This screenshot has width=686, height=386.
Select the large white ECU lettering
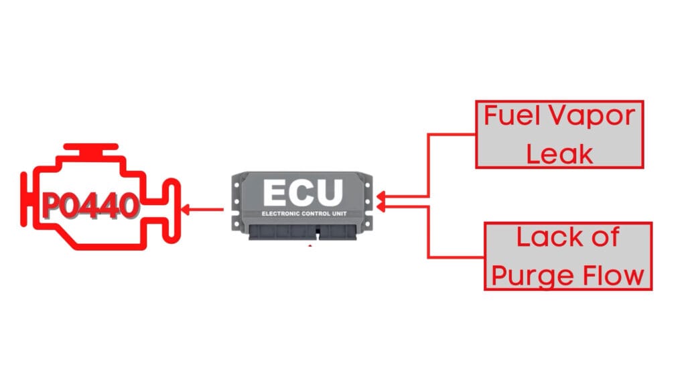pos(303,193)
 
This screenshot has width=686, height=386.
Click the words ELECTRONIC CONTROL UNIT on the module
pos(303,214)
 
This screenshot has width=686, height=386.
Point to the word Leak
pos(560,153)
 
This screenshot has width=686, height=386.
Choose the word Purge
pos(531,275)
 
